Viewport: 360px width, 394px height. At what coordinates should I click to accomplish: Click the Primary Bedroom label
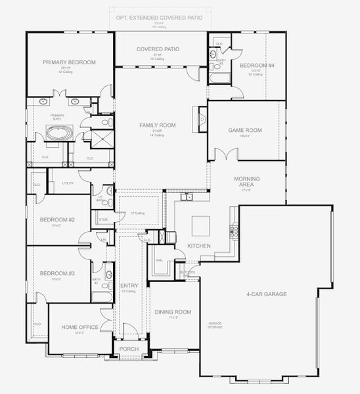[69, 62]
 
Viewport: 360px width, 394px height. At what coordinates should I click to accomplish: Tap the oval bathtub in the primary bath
[60, 135]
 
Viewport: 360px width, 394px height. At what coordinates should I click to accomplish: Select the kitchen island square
[201, 226]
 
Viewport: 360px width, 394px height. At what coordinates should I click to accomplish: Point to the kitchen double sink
[187, 196]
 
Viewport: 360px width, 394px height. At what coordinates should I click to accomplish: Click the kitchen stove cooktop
[233, 230]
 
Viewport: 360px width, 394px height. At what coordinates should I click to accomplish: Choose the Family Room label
[158, 125]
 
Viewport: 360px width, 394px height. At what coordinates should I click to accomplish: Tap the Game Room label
[245, 131]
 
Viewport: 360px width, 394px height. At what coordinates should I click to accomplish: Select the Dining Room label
[172, 312]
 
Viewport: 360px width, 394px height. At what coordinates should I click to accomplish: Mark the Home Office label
[80, 327]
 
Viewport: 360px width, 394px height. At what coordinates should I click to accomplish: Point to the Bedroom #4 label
[253, 66]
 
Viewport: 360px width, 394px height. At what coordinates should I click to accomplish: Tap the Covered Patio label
[158, 49]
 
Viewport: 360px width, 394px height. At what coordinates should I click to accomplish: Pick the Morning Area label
[247, 182]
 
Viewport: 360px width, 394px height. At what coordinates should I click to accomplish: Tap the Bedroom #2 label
[56, 219]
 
